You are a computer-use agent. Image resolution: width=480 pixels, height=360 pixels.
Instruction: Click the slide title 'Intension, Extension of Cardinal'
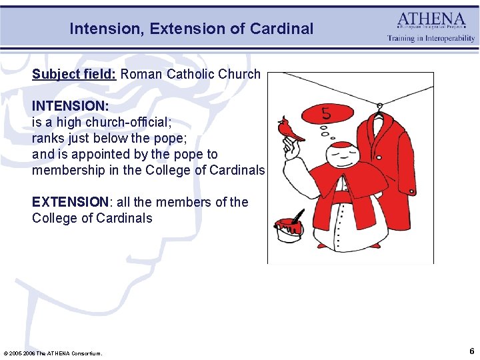191,29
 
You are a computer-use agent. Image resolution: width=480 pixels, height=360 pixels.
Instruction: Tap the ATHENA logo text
431,19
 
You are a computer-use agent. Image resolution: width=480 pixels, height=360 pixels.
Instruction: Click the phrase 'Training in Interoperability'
431,39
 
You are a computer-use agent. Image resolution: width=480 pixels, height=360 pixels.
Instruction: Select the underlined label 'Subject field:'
74,74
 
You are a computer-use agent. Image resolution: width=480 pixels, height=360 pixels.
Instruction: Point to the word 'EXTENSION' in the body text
70,202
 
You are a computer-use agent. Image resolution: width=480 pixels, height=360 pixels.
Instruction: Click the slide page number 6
471,351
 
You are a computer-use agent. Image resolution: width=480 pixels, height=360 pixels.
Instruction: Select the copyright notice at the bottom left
53,353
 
